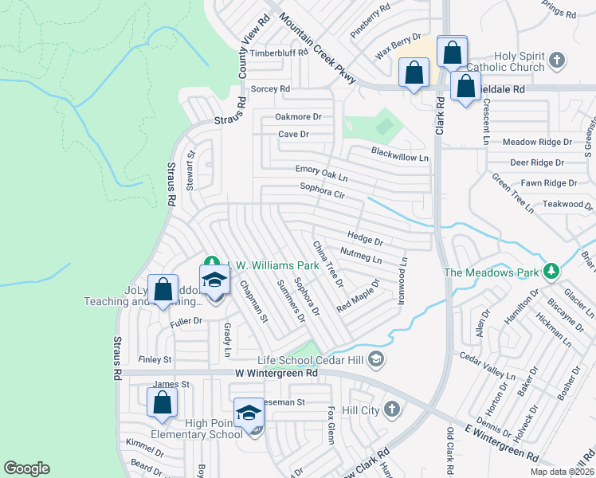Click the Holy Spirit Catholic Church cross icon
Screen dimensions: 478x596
(557, 60)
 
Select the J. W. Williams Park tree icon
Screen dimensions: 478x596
(211, 262)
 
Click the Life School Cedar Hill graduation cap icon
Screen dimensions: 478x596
(377, 361)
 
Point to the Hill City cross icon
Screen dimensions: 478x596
(391, 409)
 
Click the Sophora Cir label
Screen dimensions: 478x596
(322, 190)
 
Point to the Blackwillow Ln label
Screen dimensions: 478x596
(400, 157)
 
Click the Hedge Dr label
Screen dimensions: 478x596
(366, 237)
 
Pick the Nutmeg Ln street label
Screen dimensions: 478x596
(361, 255)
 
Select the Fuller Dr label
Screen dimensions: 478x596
(186, 321)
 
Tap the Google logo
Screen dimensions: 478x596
(27, 468)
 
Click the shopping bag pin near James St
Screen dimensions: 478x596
(162, 403)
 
